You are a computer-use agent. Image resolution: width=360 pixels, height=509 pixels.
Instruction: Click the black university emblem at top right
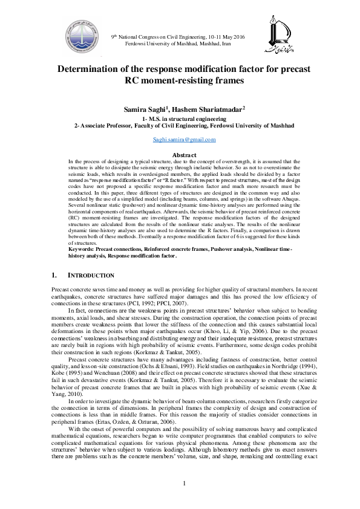(x=280, y=35)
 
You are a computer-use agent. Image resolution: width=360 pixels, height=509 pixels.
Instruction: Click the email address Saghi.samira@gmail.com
(x=184, y=140)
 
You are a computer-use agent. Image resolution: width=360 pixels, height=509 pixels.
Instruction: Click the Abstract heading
(x=184, y=155)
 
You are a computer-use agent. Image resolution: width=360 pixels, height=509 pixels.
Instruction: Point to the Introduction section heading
(x=88, y=275)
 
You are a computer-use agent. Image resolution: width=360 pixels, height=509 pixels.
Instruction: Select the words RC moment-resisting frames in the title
(x=184, y=80)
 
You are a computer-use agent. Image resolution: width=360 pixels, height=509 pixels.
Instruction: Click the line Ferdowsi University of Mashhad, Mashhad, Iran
(x=184, y=44)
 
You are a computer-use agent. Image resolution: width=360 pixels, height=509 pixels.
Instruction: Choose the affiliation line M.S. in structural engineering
(x=184, y=119)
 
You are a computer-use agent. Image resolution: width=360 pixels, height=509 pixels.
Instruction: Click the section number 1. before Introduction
(x=55, y=275)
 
